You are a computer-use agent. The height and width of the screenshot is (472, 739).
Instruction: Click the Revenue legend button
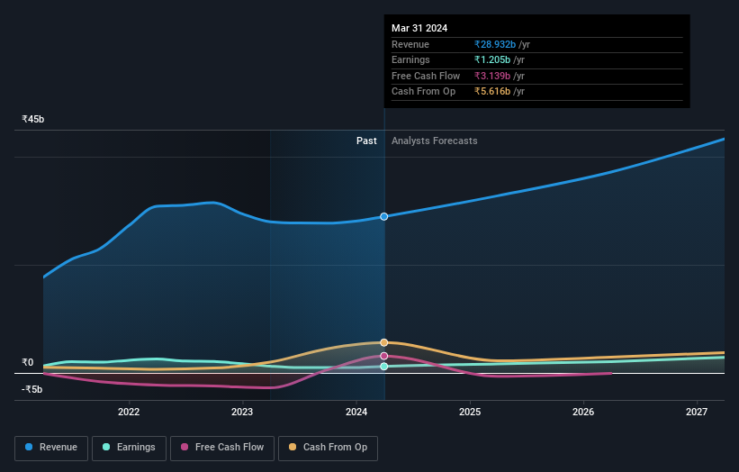(x=51, y=447)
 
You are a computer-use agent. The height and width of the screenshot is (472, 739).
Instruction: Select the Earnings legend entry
(x=130, y=447)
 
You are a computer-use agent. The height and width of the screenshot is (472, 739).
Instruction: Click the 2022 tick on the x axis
(x=129, y=412)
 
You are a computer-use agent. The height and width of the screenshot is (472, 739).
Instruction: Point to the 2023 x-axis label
(x=242, y=412)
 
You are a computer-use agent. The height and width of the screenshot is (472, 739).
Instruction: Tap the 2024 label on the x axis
(x=356, y=412)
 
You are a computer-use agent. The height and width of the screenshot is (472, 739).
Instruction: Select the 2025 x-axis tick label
(x=469, y=412)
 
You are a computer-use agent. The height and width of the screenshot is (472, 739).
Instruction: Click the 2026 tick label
(x=582, y=412)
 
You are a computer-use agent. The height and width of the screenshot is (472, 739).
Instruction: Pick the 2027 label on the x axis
(x=696, y=412)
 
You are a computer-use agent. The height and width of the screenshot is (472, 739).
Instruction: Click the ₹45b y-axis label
(x=33, y=119)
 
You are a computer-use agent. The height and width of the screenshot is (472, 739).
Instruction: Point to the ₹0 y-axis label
(x=27, y=362)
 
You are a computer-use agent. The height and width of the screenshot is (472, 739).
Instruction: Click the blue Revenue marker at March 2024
(x=384, y=216)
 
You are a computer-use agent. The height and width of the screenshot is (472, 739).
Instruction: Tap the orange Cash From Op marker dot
(x=384, y=342)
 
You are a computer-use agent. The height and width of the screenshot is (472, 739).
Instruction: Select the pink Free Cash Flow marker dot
(x=384, y=356)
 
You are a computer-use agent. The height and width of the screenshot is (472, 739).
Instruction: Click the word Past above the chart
(x=366, y=141)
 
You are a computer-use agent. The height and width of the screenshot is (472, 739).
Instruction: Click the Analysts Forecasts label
(x=434, y=141)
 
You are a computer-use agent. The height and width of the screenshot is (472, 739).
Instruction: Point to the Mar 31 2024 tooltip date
(x=419, y=28)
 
